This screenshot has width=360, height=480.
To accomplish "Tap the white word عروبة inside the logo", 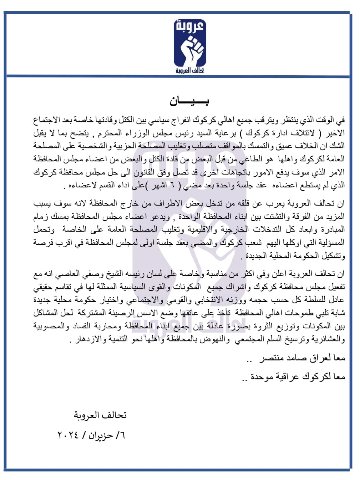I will point(190,27).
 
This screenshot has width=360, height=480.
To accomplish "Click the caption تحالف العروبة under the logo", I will point(190,70).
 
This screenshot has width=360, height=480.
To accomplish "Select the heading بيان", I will point(189,101).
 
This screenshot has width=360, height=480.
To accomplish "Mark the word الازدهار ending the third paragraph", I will point(86,339).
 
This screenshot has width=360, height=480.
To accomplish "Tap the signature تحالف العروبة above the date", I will point(100,415).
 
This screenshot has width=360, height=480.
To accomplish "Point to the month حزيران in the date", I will point(101,435).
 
